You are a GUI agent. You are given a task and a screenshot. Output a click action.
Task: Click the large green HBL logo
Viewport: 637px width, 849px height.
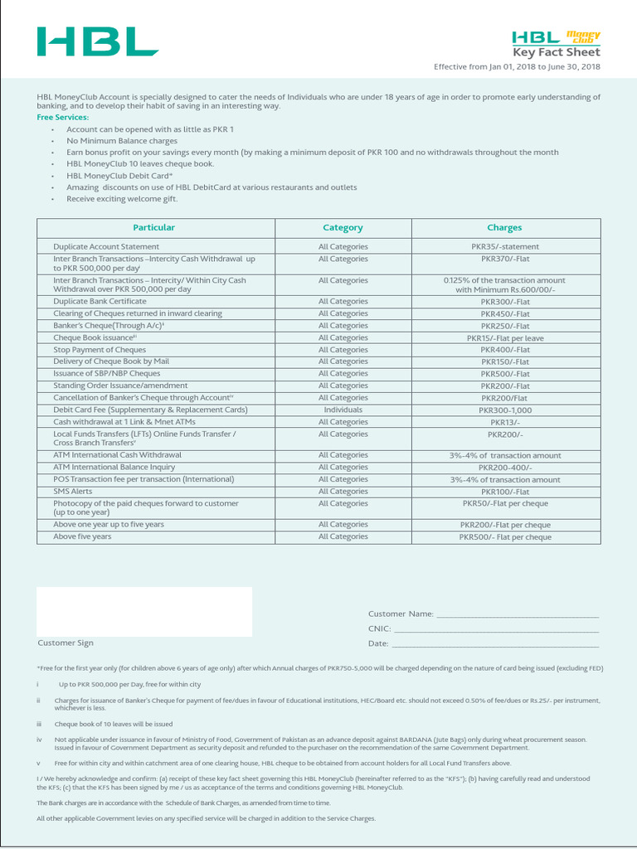(x=97, y=41)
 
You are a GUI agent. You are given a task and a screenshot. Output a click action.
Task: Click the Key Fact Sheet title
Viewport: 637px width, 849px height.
(x=557, y=52)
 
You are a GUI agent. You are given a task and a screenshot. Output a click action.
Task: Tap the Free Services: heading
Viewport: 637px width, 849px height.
(x=62, y=117)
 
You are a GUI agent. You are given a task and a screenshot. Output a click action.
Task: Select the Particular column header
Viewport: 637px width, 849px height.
(x=154, y=227)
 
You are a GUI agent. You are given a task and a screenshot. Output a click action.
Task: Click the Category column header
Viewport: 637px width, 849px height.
(x=343, y=228)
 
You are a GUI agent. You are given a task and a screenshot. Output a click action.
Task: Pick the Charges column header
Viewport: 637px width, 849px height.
(x=504, y=228)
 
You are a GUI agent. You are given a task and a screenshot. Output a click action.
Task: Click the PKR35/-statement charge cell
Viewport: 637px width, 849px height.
(x=504, y=247)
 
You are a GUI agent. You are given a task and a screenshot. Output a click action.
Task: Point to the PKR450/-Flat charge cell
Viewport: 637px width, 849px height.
(x=504, y=314)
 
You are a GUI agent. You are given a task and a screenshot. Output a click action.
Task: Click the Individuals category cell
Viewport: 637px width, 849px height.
(x=343, y=410)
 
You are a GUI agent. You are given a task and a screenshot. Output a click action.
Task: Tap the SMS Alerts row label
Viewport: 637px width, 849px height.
(x=73, y=492)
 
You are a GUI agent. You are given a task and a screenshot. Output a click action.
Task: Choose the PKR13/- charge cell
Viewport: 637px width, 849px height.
(x=504, y=422)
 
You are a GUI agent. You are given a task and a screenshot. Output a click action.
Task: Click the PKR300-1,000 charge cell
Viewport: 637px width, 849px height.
(x=504, y=410)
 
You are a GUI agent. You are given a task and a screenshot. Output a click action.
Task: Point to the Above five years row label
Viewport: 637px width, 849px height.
(x=82, y=537)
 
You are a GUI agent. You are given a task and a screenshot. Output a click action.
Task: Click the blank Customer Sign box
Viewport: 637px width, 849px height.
(x=144, y=611)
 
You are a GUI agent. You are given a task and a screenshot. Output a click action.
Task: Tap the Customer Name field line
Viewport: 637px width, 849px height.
(x=518, y=614)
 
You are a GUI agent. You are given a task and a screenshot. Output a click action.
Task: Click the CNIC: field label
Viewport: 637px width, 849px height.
(x=379, y=629)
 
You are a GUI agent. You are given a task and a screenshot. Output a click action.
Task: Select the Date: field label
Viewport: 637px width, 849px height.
(x=378, y=644)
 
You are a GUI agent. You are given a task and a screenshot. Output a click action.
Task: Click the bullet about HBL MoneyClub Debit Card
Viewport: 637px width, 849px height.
(x=119, y=176)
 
